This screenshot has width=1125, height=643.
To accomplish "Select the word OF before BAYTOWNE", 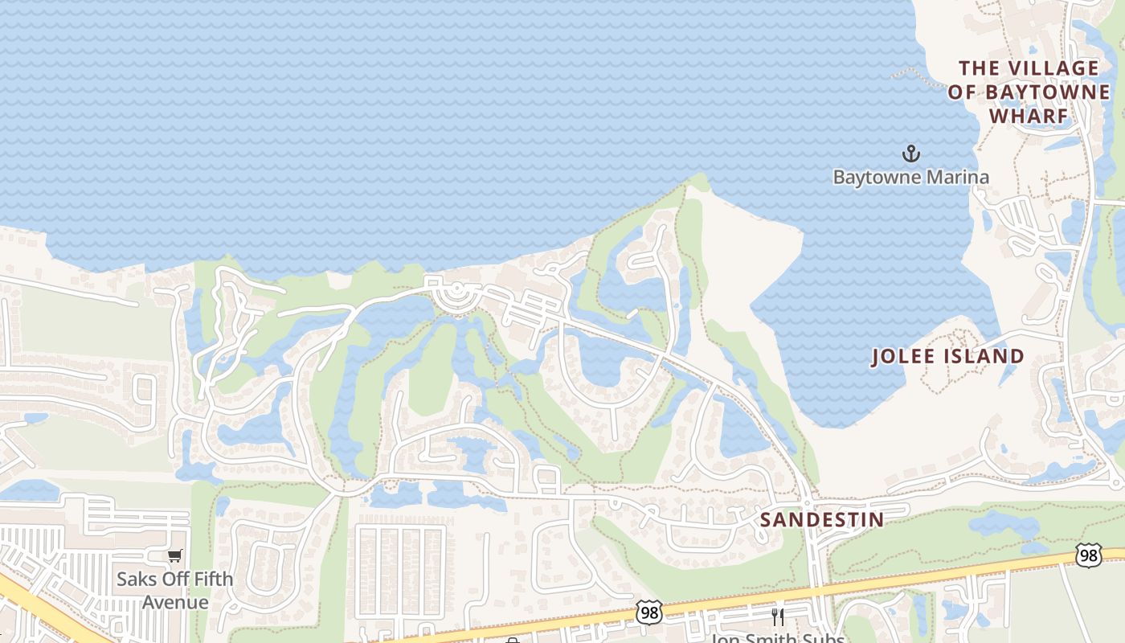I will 962,92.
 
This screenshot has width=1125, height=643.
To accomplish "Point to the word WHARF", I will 1029,116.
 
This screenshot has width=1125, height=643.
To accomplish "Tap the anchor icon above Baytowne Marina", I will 910,154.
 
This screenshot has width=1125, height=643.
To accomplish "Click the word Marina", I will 959,177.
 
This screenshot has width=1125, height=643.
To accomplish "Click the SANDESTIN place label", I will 822,520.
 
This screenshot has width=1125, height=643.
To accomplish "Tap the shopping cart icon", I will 174,555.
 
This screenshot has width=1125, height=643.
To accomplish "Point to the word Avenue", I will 175,602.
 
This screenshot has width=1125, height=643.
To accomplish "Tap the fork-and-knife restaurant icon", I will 778,616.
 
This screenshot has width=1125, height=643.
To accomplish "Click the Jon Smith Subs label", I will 777,638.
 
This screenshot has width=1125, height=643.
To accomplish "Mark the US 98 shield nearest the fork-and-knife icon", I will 648,612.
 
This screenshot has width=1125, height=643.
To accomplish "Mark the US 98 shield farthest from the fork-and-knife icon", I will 1088,555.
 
